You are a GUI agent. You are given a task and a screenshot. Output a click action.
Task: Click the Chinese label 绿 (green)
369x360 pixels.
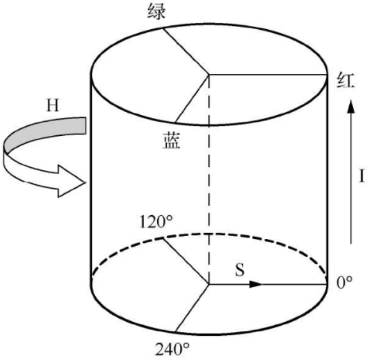(157, 12)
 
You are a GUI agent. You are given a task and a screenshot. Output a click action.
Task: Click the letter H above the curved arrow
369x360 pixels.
(54, 106)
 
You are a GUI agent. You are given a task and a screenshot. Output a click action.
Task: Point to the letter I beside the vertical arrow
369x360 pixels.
(362, 176)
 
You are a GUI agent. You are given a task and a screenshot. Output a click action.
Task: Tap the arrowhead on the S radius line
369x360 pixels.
(256, 284)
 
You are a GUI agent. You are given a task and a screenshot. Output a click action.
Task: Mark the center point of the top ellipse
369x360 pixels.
(210, 74)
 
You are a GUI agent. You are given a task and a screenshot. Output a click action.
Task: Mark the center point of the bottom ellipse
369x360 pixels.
(210, 284)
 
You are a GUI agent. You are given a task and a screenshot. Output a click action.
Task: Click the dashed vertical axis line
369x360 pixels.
(210, 180)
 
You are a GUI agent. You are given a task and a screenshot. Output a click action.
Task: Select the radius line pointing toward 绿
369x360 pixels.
(186, 51)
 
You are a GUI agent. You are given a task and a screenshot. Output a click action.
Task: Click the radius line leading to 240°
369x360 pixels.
(193, 308)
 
